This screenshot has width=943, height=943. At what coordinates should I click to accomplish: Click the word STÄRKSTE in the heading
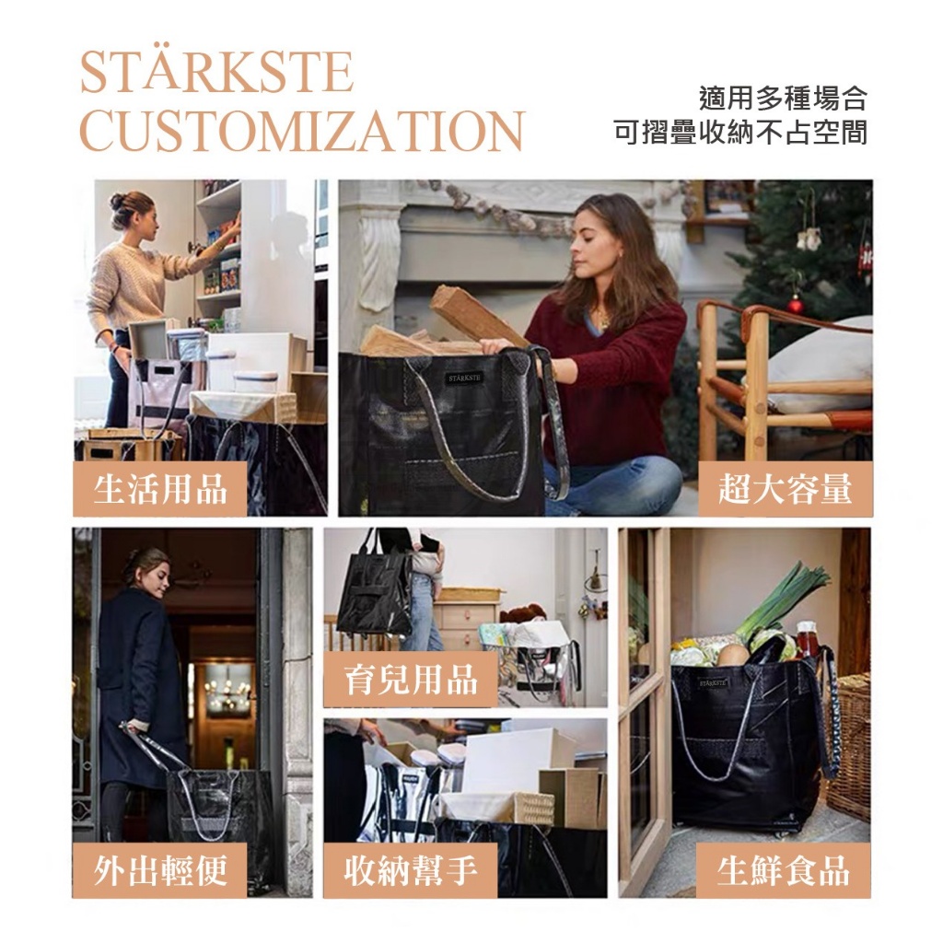216,72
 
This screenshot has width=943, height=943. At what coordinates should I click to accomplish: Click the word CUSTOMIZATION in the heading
302,131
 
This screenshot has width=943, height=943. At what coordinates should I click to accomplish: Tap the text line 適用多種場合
783,98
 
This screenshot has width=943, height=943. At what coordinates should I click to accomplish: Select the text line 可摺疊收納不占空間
740,133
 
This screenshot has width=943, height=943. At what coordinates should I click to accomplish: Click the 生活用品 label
160,488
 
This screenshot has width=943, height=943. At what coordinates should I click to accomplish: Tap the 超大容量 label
786,488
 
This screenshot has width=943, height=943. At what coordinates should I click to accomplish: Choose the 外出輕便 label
160,870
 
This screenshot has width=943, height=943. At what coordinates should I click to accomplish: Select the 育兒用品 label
411,680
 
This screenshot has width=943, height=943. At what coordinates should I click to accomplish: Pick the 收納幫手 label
411,870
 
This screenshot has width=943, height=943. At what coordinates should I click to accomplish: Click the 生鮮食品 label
784,870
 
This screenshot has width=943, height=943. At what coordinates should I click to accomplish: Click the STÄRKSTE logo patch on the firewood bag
464,378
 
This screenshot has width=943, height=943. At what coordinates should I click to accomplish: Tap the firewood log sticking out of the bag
475,316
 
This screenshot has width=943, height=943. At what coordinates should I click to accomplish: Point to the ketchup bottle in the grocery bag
807,639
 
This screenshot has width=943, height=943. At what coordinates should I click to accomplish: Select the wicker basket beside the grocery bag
848,746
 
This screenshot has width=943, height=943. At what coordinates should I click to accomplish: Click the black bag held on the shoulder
374,592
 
